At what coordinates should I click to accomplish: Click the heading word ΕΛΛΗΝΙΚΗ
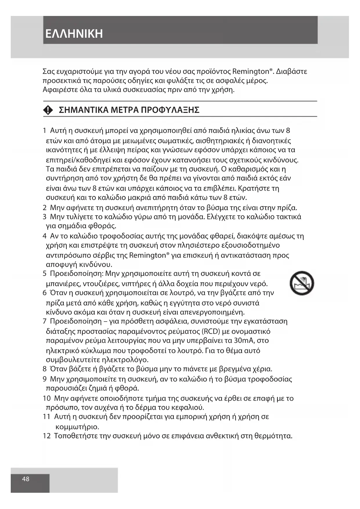coord(74,34)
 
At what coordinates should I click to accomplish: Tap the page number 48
coord(26,479)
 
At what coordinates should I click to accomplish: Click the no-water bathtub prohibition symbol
coord(302,283)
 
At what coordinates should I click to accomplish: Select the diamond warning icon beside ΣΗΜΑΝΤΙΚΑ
coord(48,110)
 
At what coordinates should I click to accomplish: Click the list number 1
coord(44,131)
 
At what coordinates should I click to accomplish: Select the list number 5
coord(44,274)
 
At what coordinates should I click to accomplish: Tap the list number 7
coord(44,321)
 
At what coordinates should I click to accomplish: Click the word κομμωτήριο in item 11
coord(77,427)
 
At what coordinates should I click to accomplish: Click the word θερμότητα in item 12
coord(273,436)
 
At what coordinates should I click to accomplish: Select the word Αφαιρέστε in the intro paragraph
coord(58,89)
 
